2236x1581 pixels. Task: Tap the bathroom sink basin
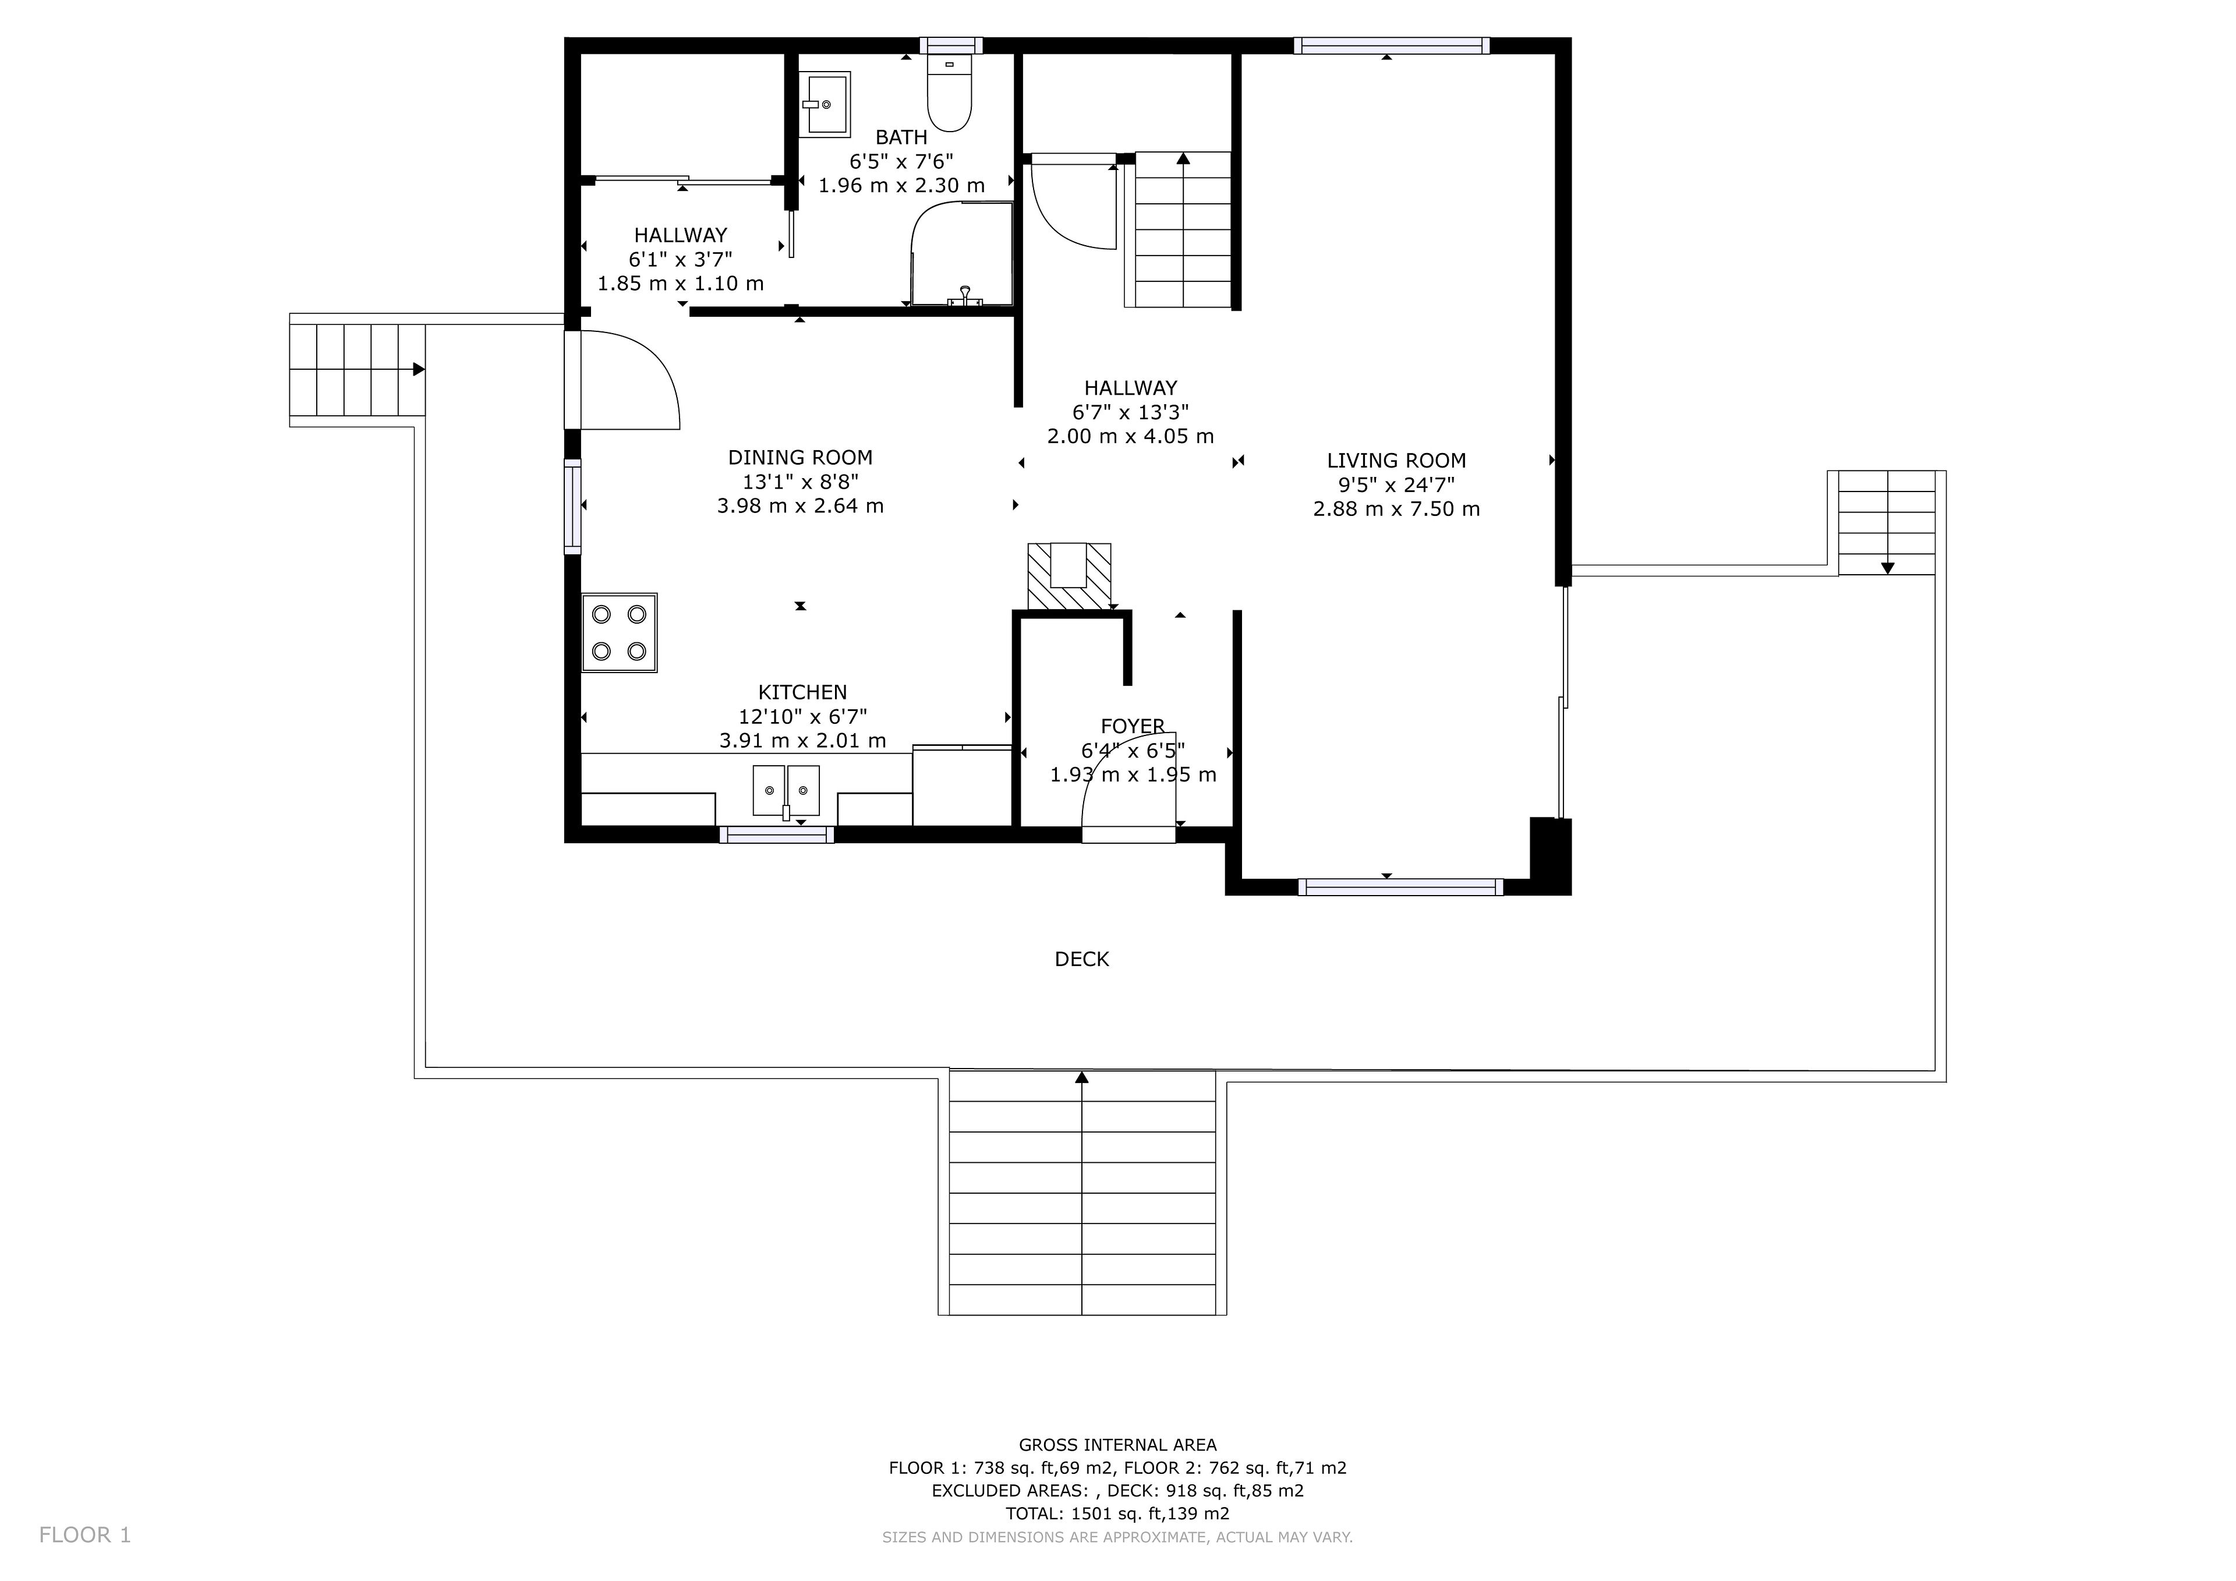click(824, 102)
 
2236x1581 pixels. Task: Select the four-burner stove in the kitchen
click(620, 632)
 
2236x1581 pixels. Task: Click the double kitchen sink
click(786, 790)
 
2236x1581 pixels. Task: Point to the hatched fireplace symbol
click(1069, 576)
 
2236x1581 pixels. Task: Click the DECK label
click(1082, 960)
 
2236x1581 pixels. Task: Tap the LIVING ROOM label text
click(1396, 461)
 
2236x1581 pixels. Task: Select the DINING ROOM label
click(801, 458)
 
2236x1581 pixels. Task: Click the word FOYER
click(1133, 726)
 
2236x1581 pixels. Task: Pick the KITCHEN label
click(802, 692)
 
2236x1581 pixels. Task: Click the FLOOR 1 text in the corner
click(85, 1535)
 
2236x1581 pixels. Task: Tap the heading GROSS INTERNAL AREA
click(1118, 1445)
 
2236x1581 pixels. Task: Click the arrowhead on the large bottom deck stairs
click(1082, 1077)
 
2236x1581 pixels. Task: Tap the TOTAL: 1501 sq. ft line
click(1118, 1514)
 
